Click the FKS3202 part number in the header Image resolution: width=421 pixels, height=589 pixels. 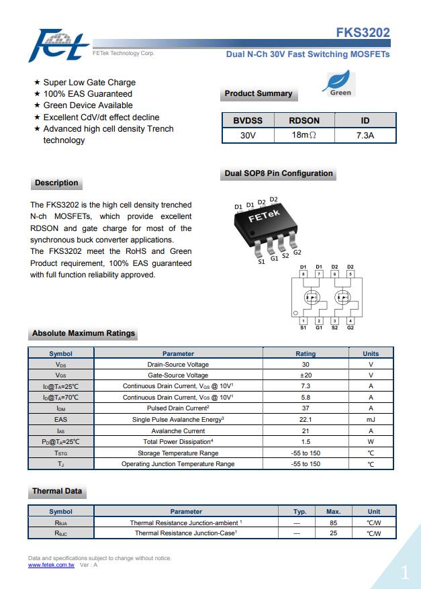click(x=363, y=33)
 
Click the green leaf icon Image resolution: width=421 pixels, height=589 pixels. click(x=340, y=83)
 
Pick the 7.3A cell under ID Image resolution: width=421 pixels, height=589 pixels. click(x=365, y=135)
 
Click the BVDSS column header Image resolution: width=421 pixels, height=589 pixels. click(x=248, y=120)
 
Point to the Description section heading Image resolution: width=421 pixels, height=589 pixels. click(x=56, y=183)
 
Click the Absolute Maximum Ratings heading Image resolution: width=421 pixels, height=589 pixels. click(x=83, y=333)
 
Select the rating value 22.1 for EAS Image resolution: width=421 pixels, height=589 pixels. click(x=306, y=419)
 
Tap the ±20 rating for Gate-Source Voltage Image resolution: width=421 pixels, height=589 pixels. click(x=306, y=375)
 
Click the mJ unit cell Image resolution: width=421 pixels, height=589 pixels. click(x=371, y=419)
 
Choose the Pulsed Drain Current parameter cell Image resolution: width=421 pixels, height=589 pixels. click(x=178, y=408)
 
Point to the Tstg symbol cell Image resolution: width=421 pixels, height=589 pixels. click(x=61, y=453)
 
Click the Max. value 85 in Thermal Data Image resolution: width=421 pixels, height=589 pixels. click(x=333, y=523)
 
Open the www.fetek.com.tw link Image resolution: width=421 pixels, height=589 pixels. click(x=51, y=565)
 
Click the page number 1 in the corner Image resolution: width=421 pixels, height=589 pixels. click(x=404, y=572)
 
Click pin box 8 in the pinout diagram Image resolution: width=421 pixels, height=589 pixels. click(x=303, y=274)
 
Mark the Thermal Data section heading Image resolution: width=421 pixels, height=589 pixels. click(x=57, y=491)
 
